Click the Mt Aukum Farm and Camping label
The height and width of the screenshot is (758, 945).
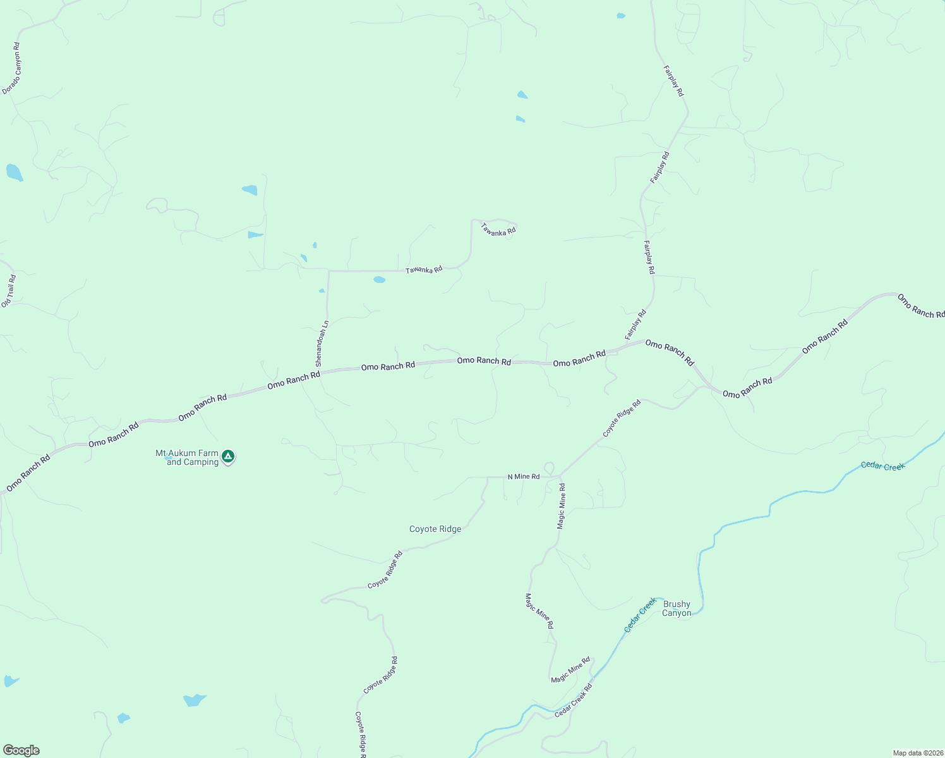[x=187, y=457]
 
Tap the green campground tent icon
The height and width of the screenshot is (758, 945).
[x=228, y=456]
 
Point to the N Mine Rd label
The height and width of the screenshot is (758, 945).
[x=524, y=476]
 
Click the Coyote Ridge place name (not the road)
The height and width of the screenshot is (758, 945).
[x=435, y=529]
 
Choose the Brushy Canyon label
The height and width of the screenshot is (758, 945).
[x=677, y=608]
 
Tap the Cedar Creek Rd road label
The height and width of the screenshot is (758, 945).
[x=574, y=700]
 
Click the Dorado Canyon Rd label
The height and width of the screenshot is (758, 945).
[x=12, y=69]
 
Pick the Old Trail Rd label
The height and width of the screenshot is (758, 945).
[x=8, y=291]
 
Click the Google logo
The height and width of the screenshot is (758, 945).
[x=21, y=750]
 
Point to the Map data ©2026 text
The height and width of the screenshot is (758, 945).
[x=917, y=752]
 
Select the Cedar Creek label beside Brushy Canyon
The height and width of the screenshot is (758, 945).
[x=641, y=615]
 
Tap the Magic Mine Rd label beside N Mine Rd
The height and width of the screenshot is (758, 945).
[x=561, y=506]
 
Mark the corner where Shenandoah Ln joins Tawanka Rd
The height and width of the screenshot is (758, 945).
[x=328, y=271]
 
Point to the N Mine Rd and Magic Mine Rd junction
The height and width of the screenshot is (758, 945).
[x=560, y=477]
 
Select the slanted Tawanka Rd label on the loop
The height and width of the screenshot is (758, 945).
[x=498, y=229]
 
